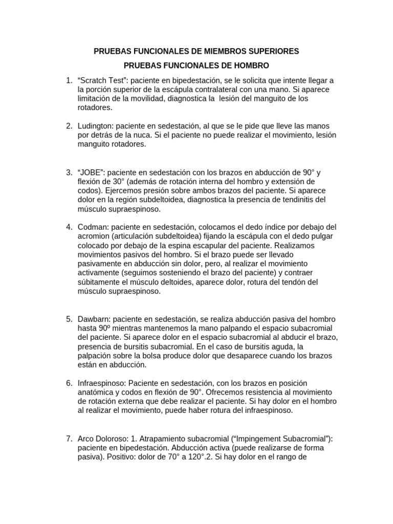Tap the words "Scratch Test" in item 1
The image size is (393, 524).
pos(100,81)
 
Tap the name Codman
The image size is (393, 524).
pos(92,227)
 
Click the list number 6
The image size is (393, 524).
pos(69,383)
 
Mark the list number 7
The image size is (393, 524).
pos(69,439)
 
